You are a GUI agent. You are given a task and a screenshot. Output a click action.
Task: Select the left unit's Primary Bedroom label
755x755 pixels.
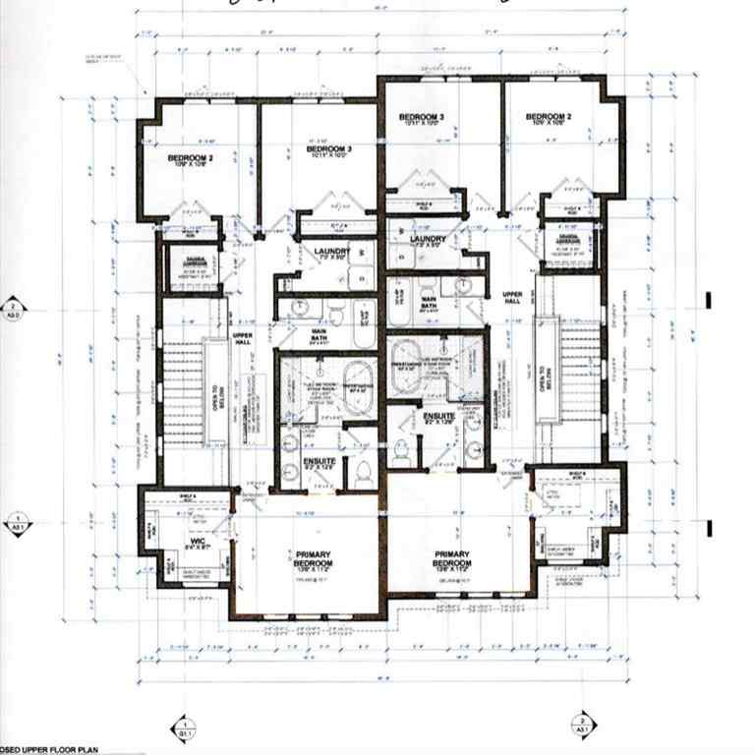pyautogui.click(x=307, y=558)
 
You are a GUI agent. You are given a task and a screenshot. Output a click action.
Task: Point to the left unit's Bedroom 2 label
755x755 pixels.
pyautogui.click(x=190, y=159)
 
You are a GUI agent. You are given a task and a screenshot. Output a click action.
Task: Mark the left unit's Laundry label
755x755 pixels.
pyautogui.click(x=326, y=254)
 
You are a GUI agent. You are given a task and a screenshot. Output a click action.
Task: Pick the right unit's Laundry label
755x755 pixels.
pyautogui.click(x=424, y=239)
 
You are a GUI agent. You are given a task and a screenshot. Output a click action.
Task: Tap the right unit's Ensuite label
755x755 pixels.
pyautogui.click(x=437, y=418)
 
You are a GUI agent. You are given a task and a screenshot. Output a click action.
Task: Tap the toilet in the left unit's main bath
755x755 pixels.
pyautogui.click(x=334, y=312)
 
